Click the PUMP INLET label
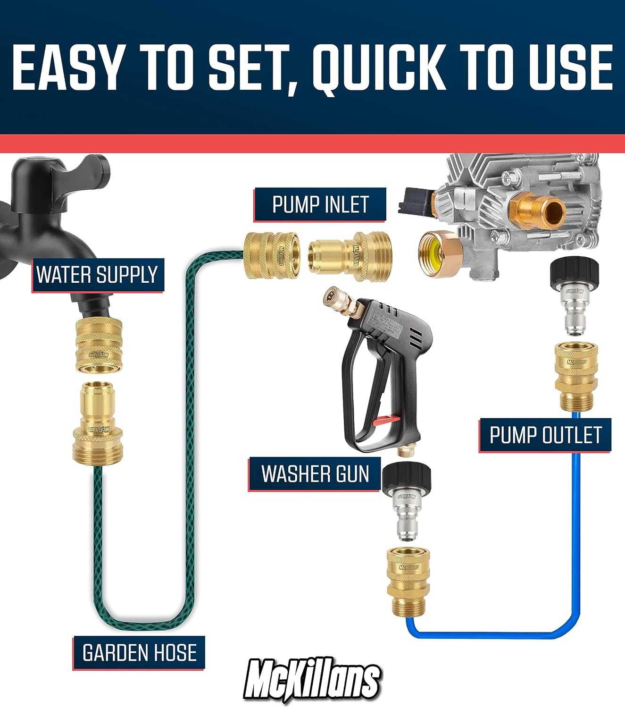pyautogui.click(x=320, y=205)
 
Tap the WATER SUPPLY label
pyautogui.click(x=97, y=275)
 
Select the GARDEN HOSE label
pyautogui.click(x=139, y=653)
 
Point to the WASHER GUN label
pyautogui.click(x=315, y=474)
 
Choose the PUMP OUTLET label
pyautogui.click(x=545, y=435)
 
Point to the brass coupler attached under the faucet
pyautogui.click(x=99, y=345)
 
